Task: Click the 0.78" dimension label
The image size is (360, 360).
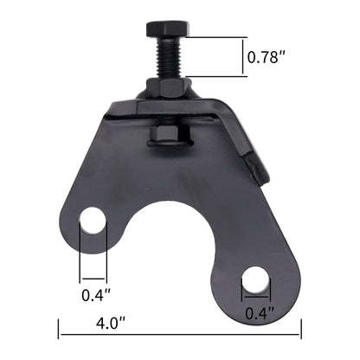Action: [268, 58]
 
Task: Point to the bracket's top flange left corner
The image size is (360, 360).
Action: [112, 112]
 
